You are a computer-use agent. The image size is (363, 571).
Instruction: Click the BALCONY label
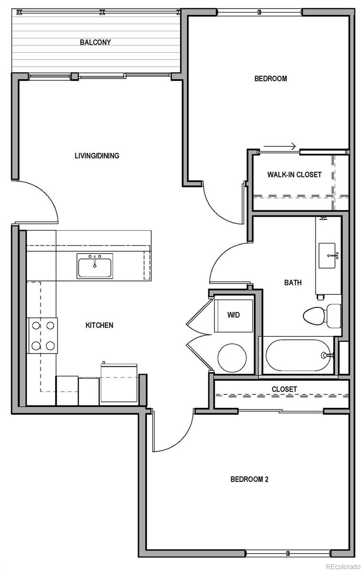tap(95, 42)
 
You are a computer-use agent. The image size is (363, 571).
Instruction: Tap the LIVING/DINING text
tap(97, 156)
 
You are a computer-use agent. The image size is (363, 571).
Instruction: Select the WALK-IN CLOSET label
tap(294, 175)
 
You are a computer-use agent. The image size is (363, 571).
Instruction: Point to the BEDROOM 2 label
tap(249, 479)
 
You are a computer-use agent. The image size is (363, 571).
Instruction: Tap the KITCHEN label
tap(99, 325)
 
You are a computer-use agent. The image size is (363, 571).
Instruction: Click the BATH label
tap(293, 283)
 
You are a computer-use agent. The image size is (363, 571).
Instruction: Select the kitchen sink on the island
tap(95, 266)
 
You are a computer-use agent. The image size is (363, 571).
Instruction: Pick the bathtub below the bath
tap(297, 355)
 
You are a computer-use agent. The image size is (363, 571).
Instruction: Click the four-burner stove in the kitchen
tap(43, 335)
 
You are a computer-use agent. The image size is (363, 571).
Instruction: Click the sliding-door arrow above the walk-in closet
tap(280, 146)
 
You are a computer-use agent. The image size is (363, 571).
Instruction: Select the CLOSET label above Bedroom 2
tap(285, 389)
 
